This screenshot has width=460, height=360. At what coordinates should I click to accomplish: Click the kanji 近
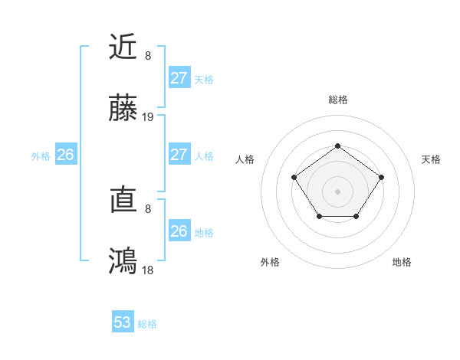[x=123, y=47]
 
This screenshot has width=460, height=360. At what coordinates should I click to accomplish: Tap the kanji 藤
[x=123, y=110]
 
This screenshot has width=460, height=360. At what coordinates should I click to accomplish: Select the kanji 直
[x=123, y=201]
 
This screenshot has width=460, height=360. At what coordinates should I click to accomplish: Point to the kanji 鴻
[x=123, y=262]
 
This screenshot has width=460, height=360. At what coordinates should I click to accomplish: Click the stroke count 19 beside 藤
[x=148, y=117]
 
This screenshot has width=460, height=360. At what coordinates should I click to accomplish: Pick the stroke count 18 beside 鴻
[x=148, y=270]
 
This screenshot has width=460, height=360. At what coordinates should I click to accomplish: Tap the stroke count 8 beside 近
[x=148, y=55]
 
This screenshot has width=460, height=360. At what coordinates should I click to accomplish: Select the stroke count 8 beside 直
[x=148, y=208]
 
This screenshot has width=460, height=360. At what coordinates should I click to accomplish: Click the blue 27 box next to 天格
[x=179, y=78]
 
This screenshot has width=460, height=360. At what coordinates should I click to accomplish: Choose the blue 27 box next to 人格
[x=179, y=155]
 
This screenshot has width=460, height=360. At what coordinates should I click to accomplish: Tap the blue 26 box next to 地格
[x=179, y=231]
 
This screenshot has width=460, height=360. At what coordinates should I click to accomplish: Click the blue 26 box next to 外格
[x=65, y=155]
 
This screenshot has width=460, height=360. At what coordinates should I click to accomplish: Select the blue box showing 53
[x=123, y=322]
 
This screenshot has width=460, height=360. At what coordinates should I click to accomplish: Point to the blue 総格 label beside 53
[x=147, y=324]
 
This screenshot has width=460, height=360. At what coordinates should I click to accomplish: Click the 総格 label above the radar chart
[x=337, y=100]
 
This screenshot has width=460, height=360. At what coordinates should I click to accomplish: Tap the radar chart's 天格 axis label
[x=431, y=159]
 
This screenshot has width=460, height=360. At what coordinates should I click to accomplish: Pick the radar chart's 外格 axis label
[x=270, y=262]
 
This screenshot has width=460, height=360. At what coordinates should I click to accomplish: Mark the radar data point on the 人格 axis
[x=294, y=177]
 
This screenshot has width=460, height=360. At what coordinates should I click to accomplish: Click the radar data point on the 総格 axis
[x=337, y=146]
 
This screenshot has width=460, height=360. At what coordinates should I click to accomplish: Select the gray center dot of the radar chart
[x=337, y=191]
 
